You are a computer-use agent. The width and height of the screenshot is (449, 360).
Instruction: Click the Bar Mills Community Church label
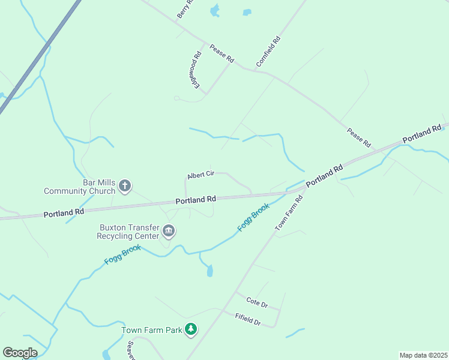tap(79, 187)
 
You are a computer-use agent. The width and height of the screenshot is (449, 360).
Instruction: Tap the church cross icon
tap(125, 186)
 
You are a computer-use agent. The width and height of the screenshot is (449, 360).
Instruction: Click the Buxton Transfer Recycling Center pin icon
tap(169, 231)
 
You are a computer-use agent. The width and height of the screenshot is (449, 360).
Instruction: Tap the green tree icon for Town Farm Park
tap(191, 329)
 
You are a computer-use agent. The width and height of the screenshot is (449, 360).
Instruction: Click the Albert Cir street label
tap(200, 175)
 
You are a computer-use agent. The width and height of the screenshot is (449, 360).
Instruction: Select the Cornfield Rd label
tap(268, 52)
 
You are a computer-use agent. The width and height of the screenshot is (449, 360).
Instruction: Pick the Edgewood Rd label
tap(195, 70)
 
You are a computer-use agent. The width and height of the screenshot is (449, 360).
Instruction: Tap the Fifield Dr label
tap(247, 319)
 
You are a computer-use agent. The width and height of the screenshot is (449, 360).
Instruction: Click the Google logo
tap(20, 352)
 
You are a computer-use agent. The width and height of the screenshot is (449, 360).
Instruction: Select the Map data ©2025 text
tap(423, 355)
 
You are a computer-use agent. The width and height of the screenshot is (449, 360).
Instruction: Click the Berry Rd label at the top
tap(185, 9)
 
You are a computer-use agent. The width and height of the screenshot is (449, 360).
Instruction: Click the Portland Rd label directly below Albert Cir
tap(196, 199)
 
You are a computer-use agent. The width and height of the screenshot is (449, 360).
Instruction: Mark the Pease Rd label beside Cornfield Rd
tap(221, 53)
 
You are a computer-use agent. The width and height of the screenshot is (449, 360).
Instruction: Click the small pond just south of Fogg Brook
tap(209, 271)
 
